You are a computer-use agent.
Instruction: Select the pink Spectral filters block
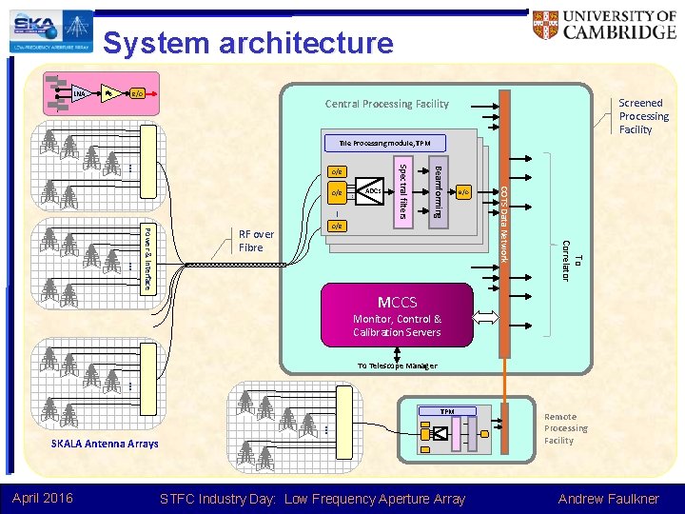402,191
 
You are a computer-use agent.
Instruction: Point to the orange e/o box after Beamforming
463,192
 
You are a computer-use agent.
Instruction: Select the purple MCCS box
397,315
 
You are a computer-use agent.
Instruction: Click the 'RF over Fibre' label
256,241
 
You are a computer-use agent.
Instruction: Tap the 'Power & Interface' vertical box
147,257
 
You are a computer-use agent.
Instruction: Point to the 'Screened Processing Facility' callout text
643,116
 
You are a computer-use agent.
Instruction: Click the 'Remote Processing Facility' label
565,428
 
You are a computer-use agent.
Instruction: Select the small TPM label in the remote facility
446,411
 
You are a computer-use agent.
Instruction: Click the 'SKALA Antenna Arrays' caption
105,445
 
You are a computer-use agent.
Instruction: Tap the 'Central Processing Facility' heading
386,104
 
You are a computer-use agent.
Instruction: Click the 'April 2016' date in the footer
44,498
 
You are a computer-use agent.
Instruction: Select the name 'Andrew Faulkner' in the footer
609,498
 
